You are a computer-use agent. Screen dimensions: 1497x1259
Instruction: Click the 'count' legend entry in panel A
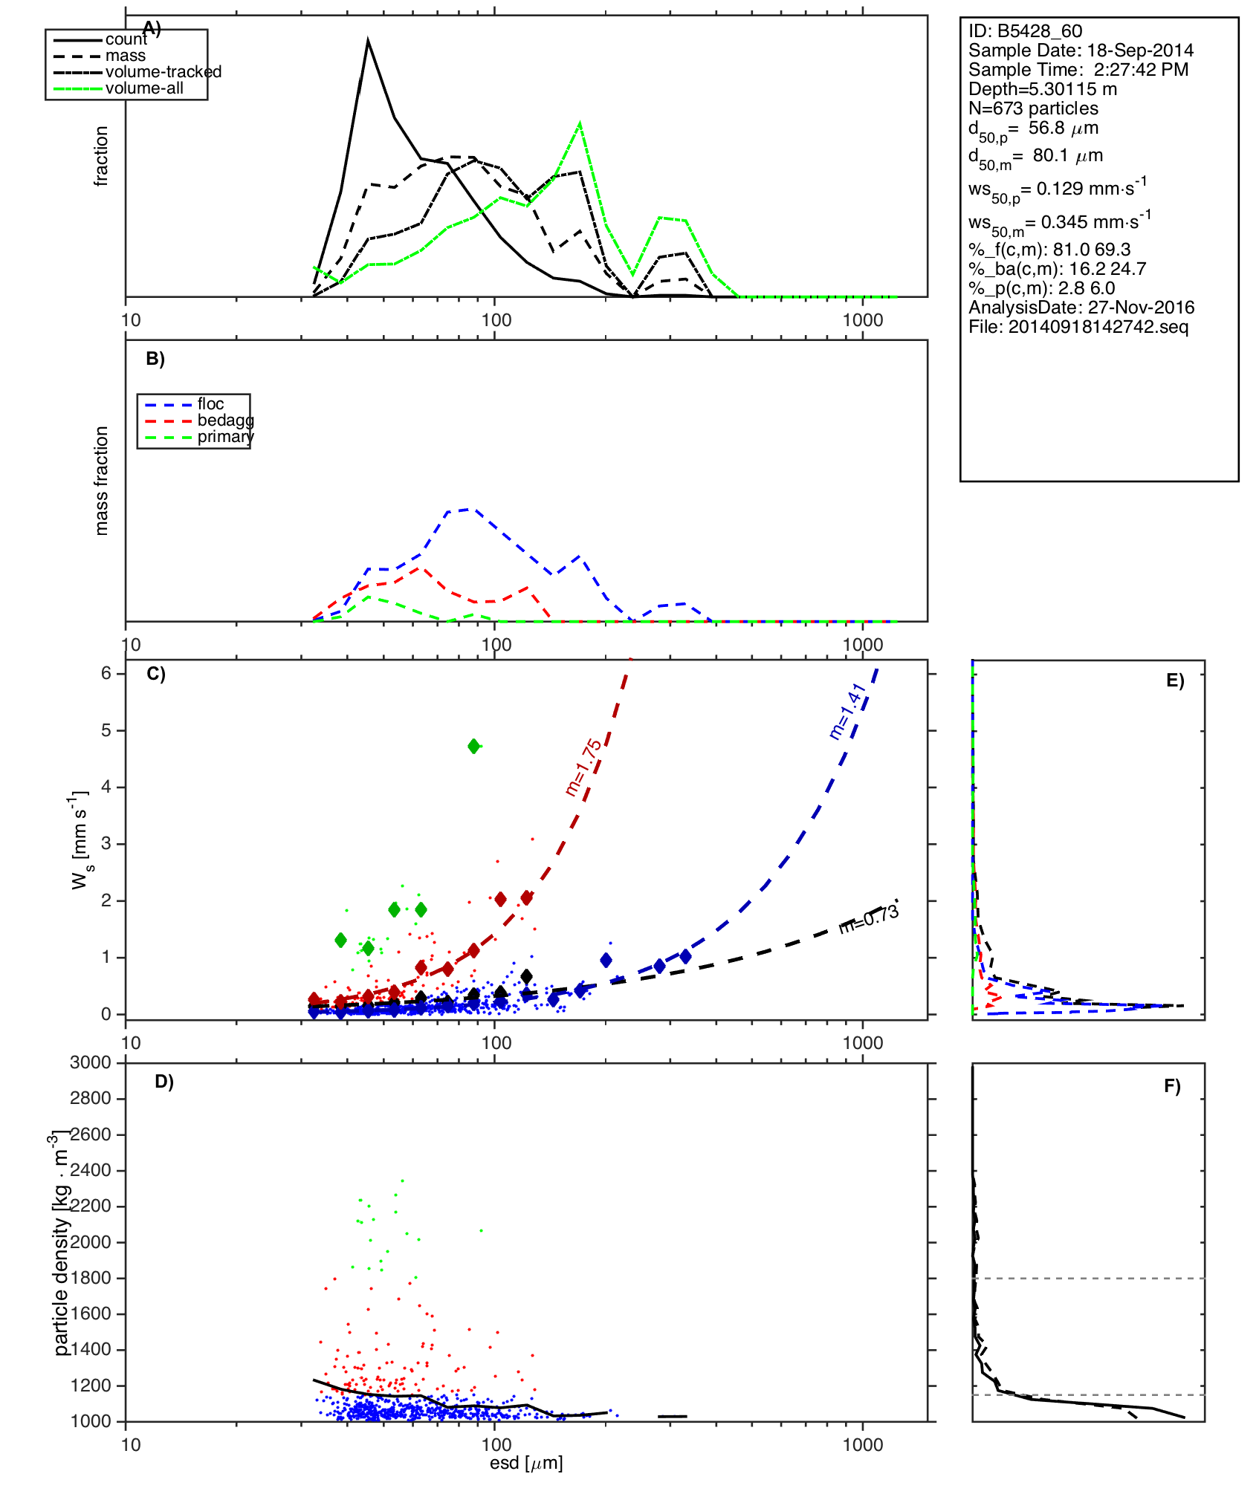126,39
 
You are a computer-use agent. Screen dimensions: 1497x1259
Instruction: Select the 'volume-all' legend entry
144,88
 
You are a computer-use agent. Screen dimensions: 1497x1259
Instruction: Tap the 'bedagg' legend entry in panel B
225,420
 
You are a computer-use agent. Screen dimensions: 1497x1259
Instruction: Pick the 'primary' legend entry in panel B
225,437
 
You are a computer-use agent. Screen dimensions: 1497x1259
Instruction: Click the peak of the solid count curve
368,41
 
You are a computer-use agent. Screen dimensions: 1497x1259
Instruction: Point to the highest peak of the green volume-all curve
580,123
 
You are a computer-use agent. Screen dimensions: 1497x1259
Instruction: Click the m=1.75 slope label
583,767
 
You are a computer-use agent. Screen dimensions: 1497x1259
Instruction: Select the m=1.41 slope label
847,711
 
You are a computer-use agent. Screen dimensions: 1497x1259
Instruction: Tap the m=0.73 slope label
869,919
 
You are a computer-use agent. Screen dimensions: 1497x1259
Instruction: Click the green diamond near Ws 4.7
474,746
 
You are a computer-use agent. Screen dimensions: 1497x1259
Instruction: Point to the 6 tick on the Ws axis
106,673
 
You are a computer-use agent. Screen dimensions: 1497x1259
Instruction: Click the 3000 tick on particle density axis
90,1062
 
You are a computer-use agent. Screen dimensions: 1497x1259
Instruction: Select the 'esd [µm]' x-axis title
526,1463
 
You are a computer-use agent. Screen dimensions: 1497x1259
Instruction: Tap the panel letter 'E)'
1174,681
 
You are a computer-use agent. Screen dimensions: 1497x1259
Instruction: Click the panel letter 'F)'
1172,1086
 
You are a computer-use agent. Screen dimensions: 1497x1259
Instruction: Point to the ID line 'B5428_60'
1025,31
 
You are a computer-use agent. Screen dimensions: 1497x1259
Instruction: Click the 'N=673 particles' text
1033,108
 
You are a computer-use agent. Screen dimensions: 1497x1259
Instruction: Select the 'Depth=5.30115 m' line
1042,89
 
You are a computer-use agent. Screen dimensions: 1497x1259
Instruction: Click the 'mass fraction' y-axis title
102,481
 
